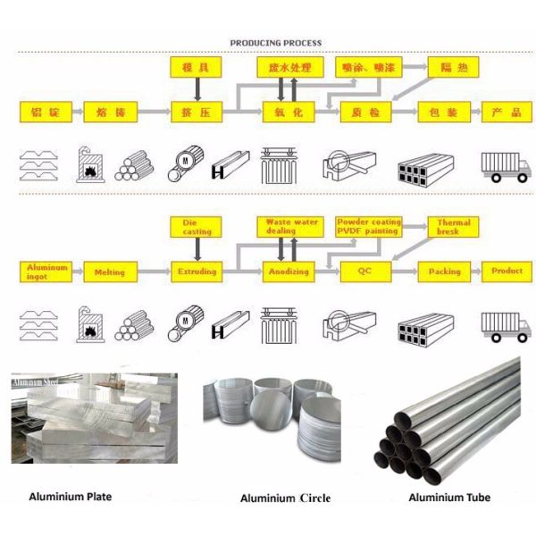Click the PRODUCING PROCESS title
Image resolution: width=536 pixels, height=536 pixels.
[x=276, y=43]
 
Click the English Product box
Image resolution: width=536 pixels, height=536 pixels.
[x=507, y=271]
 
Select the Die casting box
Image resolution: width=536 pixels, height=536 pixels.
[x=197, y=227]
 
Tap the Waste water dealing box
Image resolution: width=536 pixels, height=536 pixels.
[x=287, y=226]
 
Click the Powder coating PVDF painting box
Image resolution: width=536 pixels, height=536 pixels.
[x=369, y=226]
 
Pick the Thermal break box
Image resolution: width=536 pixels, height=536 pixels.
[x=453, y=227]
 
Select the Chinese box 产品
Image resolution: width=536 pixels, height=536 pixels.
[x=507, y=113]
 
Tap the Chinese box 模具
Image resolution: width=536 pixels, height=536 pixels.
[x=197, y=67]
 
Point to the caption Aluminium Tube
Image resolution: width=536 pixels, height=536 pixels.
[x=449, y=498]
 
